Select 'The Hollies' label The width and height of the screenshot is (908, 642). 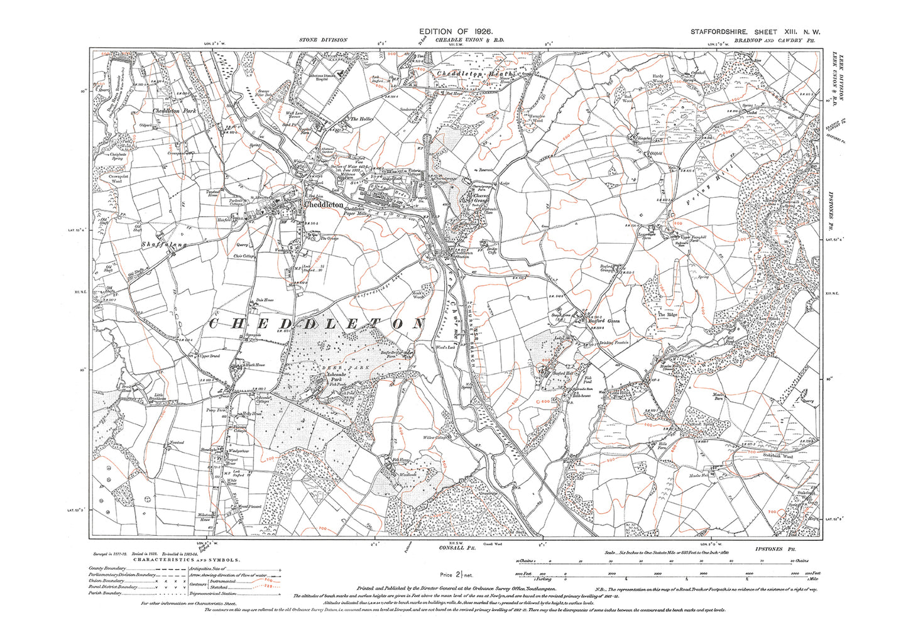(361, 119)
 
